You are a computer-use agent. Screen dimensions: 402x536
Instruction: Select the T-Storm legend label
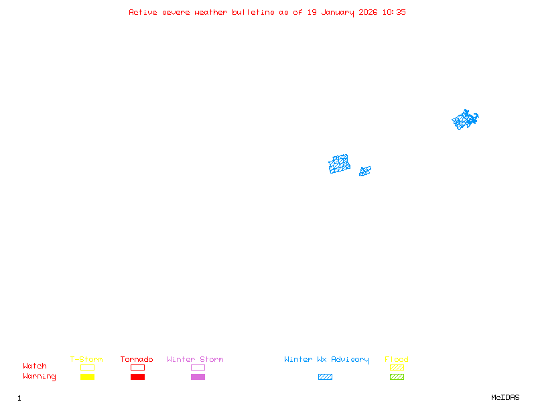[x=86, y=360]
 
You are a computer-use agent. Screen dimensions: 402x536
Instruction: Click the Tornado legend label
[x=137, y=360]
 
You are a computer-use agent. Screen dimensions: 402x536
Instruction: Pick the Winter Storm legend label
[x=195, y=360]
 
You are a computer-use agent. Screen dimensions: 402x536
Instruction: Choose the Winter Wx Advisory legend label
[x=326, y=360]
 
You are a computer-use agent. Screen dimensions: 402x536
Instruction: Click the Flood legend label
[x=397, y=360]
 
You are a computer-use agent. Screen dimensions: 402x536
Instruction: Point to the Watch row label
[x=35, y=366]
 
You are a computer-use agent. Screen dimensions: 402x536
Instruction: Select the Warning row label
[x=40, y=377]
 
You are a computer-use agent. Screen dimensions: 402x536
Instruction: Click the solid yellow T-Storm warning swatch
[x=87, y=377]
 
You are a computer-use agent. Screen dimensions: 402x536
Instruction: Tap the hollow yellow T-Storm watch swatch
[x=87, y=367]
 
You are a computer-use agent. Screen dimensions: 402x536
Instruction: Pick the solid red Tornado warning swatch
[x=137, y=377]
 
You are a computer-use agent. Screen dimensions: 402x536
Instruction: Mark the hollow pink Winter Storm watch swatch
[x=198, y=367]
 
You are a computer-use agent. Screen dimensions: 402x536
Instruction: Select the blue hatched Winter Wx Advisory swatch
[x=325, y=377]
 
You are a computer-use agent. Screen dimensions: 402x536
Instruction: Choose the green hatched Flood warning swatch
[x=397, y=377]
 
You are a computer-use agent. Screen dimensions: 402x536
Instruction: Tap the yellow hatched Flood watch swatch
[x=397, y=367]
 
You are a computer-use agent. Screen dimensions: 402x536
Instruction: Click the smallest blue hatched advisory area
[x=365, y=172]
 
